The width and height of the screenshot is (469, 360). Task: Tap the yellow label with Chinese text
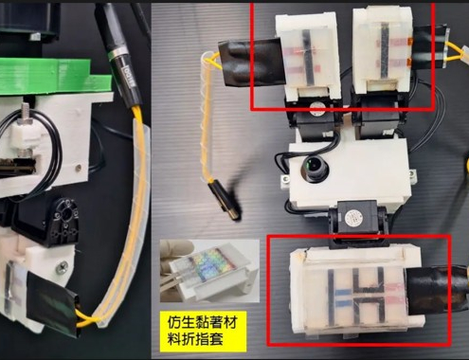click(x=203, y=332)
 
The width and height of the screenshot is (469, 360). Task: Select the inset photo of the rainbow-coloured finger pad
click(x=209, y=271)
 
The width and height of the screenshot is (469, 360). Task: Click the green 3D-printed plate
click(x=55, y=76)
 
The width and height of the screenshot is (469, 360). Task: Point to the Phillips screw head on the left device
click(x=62, y=269)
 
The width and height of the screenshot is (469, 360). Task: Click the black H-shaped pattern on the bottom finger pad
click(x=369, y=297)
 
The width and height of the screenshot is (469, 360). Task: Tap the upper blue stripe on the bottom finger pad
click(x=343, y=292)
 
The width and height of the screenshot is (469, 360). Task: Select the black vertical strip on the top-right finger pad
click(x=385, y=49)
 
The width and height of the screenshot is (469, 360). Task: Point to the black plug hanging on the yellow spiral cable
click(x=224, y=200)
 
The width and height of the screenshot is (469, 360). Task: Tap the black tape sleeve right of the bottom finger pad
click(x=436, y=290)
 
